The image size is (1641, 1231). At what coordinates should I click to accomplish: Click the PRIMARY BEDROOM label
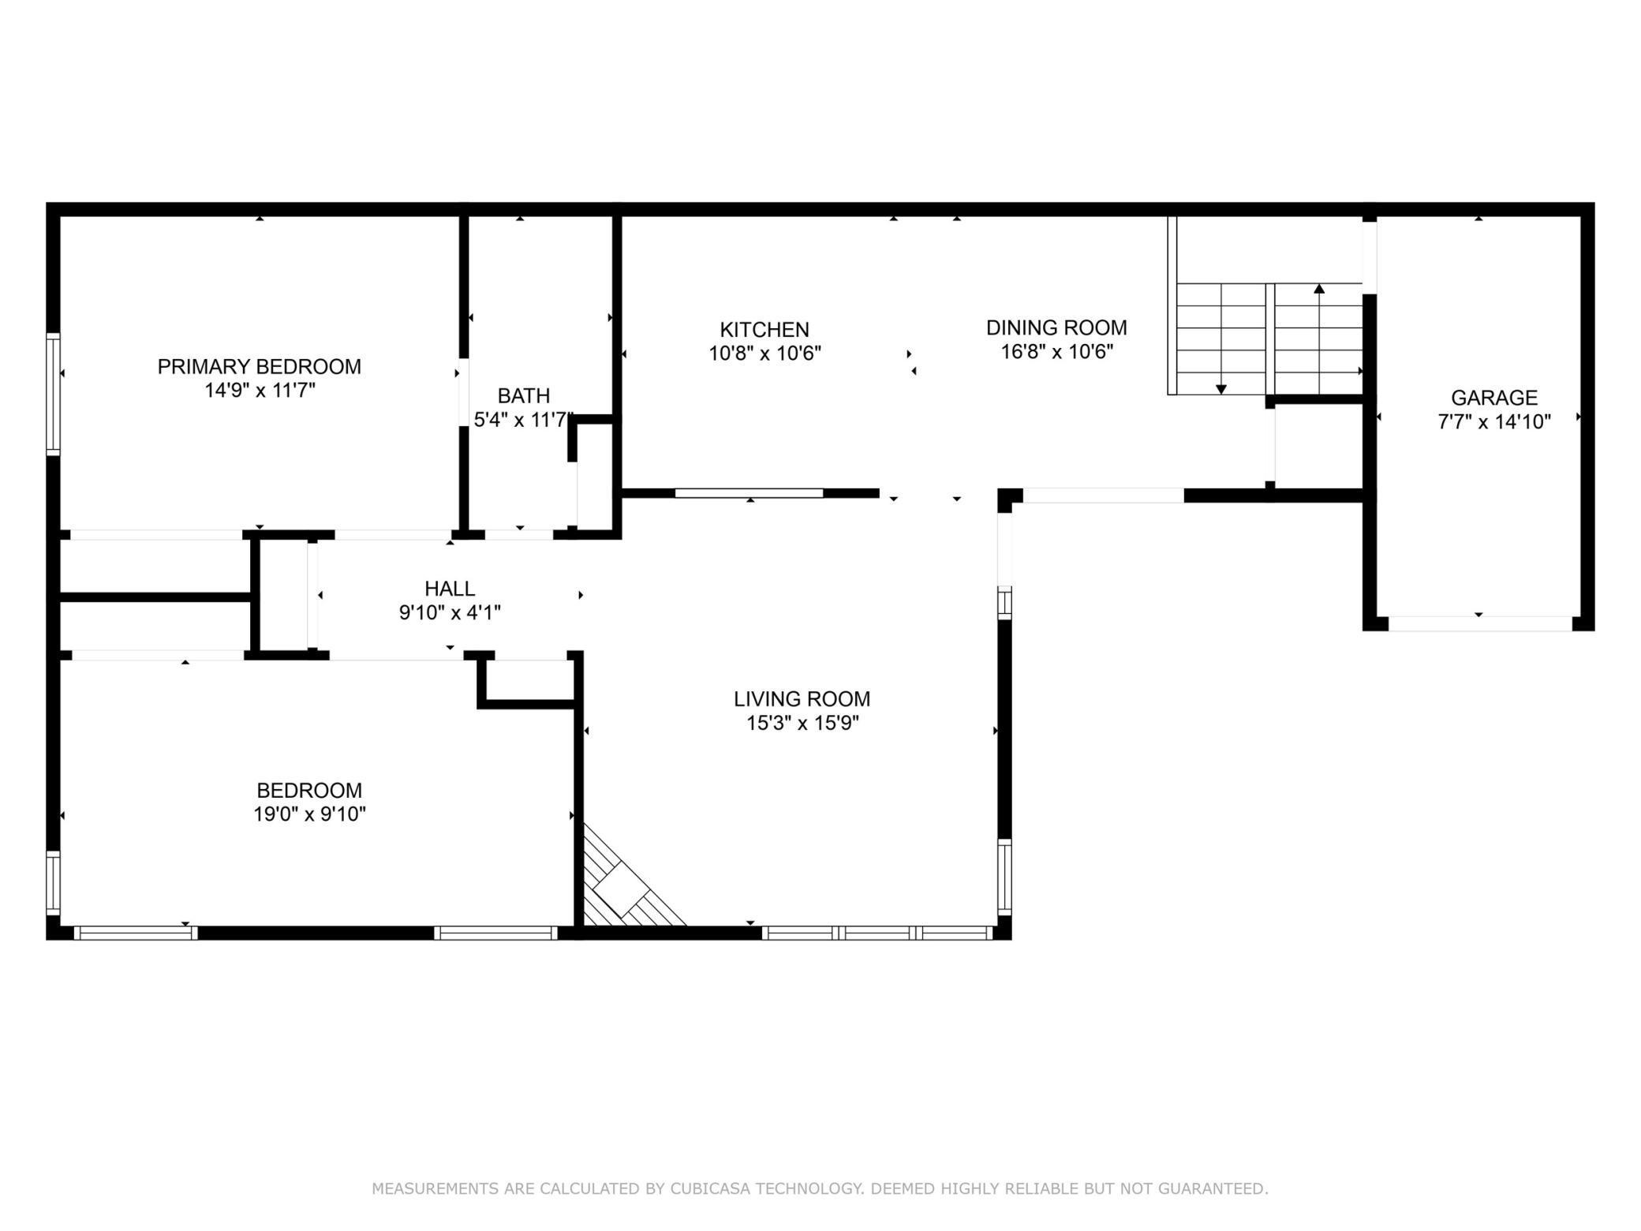[x=259, y=367]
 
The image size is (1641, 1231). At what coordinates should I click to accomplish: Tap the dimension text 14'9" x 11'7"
[x=260, y=391]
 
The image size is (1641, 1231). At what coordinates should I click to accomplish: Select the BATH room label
[x=523, y=396]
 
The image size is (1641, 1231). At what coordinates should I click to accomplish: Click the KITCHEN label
[x=764, y=330]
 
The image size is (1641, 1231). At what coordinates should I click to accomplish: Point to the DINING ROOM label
[x=1056, y=327]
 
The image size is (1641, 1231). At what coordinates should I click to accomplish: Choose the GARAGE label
[x=1494, y=398]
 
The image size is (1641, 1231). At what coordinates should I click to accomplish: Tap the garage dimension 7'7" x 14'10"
[x=1494, y=422]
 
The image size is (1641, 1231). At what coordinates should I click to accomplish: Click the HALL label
[x=450, y=589]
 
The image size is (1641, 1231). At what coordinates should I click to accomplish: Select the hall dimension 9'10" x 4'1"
[x=450, y=612]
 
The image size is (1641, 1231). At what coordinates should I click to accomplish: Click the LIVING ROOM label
[x=802, y=699]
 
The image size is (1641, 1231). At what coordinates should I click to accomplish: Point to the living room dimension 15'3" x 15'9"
[x=802, y=723]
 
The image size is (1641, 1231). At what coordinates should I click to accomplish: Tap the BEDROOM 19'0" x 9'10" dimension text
[x=309, y=814]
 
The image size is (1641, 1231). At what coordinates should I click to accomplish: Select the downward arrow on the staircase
[x=1221, y=388]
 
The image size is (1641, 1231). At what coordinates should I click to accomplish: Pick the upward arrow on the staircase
[x=1319, y=289]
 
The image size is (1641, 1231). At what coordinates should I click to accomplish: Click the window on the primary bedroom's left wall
[x=53, y=394]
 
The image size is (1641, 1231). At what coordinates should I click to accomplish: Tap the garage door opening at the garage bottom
[x=1479, y=623]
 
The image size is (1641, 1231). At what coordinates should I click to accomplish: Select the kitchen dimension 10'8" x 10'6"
[x=764, y=354]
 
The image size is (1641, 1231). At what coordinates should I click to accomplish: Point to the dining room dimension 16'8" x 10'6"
[x=1056, y=352]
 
